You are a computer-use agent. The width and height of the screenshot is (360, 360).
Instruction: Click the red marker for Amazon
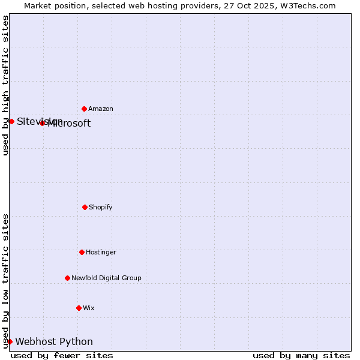tap(84, 109)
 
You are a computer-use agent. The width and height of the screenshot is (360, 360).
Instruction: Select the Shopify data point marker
tap(85, 207)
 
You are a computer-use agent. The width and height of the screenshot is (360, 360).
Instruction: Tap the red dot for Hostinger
tap(82, 252)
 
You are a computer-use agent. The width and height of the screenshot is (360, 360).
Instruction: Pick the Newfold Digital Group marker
tap(67, 278)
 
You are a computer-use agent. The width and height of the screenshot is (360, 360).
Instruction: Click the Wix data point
tap(79, 308)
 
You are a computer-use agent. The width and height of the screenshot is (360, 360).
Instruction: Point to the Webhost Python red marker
tap(10, 341)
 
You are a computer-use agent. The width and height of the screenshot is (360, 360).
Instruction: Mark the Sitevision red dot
tap(11, 121)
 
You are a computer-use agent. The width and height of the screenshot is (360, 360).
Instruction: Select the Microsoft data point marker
tap(42, 123)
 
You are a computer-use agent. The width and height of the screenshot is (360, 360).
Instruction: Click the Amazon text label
tap(101, 109)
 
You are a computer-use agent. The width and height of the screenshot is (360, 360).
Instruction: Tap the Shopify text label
tap(101, 208)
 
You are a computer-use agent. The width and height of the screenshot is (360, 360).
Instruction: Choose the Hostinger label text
tap(101, 253)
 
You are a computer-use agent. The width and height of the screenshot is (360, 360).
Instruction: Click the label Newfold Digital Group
tap(106, 278)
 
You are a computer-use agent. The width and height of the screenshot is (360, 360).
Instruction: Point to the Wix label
tap(89, 308)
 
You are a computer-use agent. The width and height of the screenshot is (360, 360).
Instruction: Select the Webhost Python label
tap(54, 342)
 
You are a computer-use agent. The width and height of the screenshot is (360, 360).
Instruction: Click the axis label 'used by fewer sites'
tap(62, 355)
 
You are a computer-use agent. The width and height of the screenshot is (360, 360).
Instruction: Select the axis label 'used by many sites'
tap(301, 355)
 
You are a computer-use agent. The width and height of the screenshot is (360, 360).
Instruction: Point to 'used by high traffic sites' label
tap(5, 85)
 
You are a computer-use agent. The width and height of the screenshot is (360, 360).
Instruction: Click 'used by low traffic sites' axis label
tap(5, 281)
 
